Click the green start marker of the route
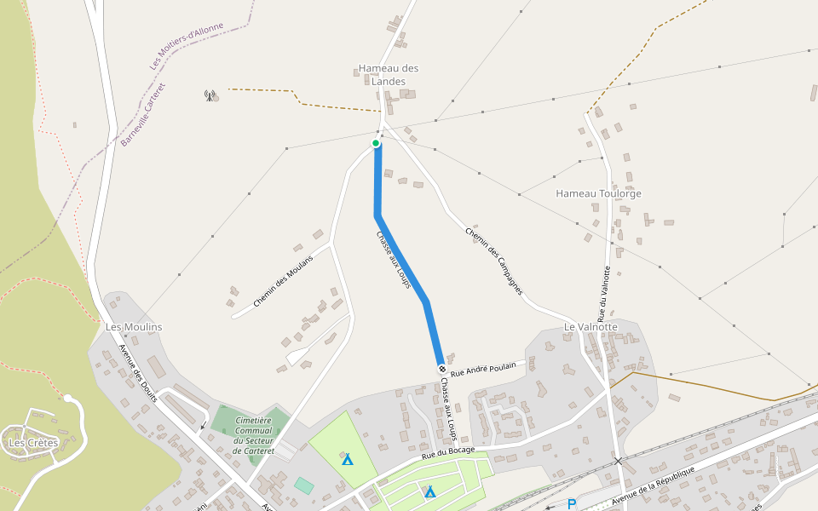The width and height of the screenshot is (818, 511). pyautogui.click(x=376, y=143)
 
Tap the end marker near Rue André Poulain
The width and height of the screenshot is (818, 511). pyautogui.click(x=441, y=368)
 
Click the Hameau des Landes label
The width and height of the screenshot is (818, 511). pyautogui.click(x=389, y=74)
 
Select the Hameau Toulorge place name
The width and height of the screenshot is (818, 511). pyautogui.click(x=598, y=193)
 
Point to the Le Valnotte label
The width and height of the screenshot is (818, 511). pyautogui.click(x=590, y=327)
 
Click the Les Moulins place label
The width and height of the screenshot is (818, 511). pyautogui.click(x=133, y=327)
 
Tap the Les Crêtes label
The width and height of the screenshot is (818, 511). pyautogui.click(x=33, y=443)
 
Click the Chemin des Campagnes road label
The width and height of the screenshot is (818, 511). pyautogui.click(x=493, y=261)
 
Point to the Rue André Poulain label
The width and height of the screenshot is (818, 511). pyautogui.click(x=483, y=368)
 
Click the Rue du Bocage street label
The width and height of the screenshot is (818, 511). pyautogui.click(x=448, y=452)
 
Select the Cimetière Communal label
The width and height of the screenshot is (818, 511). pyautogui.click(x=253, y=435)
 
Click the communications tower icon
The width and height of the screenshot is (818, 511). pyautogui.click(x=210, y=95)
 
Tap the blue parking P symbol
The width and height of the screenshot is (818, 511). pyautogui.click(x=572, y=504)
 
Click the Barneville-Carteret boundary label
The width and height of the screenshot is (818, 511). pyautogui.click(x=143, y=114)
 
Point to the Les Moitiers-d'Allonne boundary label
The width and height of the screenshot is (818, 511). pyautogui.click(x=187, y=46)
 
